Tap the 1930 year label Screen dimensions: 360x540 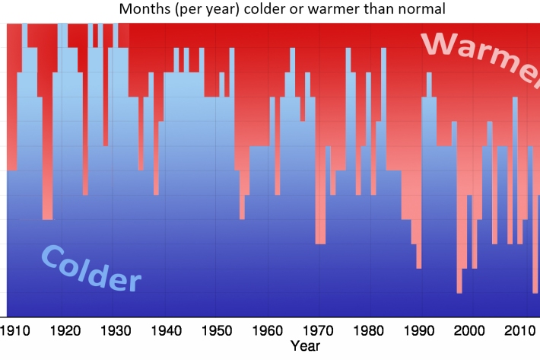pyautogui.click(x=114, y=331)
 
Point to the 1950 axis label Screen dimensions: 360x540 pyautogui.click(x=215, y=331)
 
